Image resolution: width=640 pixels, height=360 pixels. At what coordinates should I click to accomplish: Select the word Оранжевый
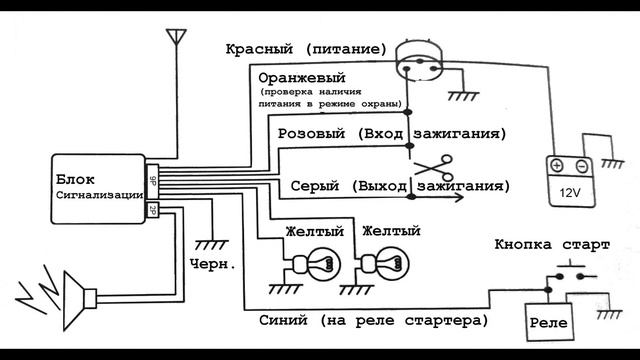(x=301, y=77)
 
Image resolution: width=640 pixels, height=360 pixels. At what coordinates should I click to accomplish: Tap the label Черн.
(x=212, y=264)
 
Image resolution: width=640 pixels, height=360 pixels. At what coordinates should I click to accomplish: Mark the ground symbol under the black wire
(x=211, y=243)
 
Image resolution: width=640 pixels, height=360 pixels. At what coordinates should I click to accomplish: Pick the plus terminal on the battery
(x=556, y=165)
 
